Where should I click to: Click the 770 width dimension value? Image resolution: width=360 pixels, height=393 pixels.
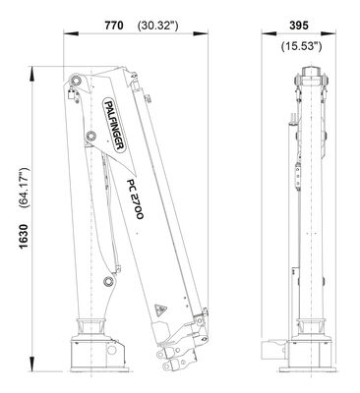(114, 26)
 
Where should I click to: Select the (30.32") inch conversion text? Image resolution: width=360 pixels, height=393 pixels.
(158, 26)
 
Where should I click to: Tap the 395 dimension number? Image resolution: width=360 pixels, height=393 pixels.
(299, 26)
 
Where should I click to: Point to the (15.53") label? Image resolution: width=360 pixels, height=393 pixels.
(301, 46)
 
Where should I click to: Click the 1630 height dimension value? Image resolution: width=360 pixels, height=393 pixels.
(24, 237)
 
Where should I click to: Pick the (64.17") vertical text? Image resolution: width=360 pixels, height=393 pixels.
(25, 188)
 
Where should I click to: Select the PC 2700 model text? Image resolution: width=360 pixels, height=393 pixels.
(135, 199)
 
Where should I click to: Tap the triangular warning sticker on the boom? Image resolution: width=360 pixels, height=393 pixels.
(160, 309)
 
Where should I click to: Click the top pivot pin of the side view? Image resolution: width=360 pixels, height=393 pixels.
(77, 81)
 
